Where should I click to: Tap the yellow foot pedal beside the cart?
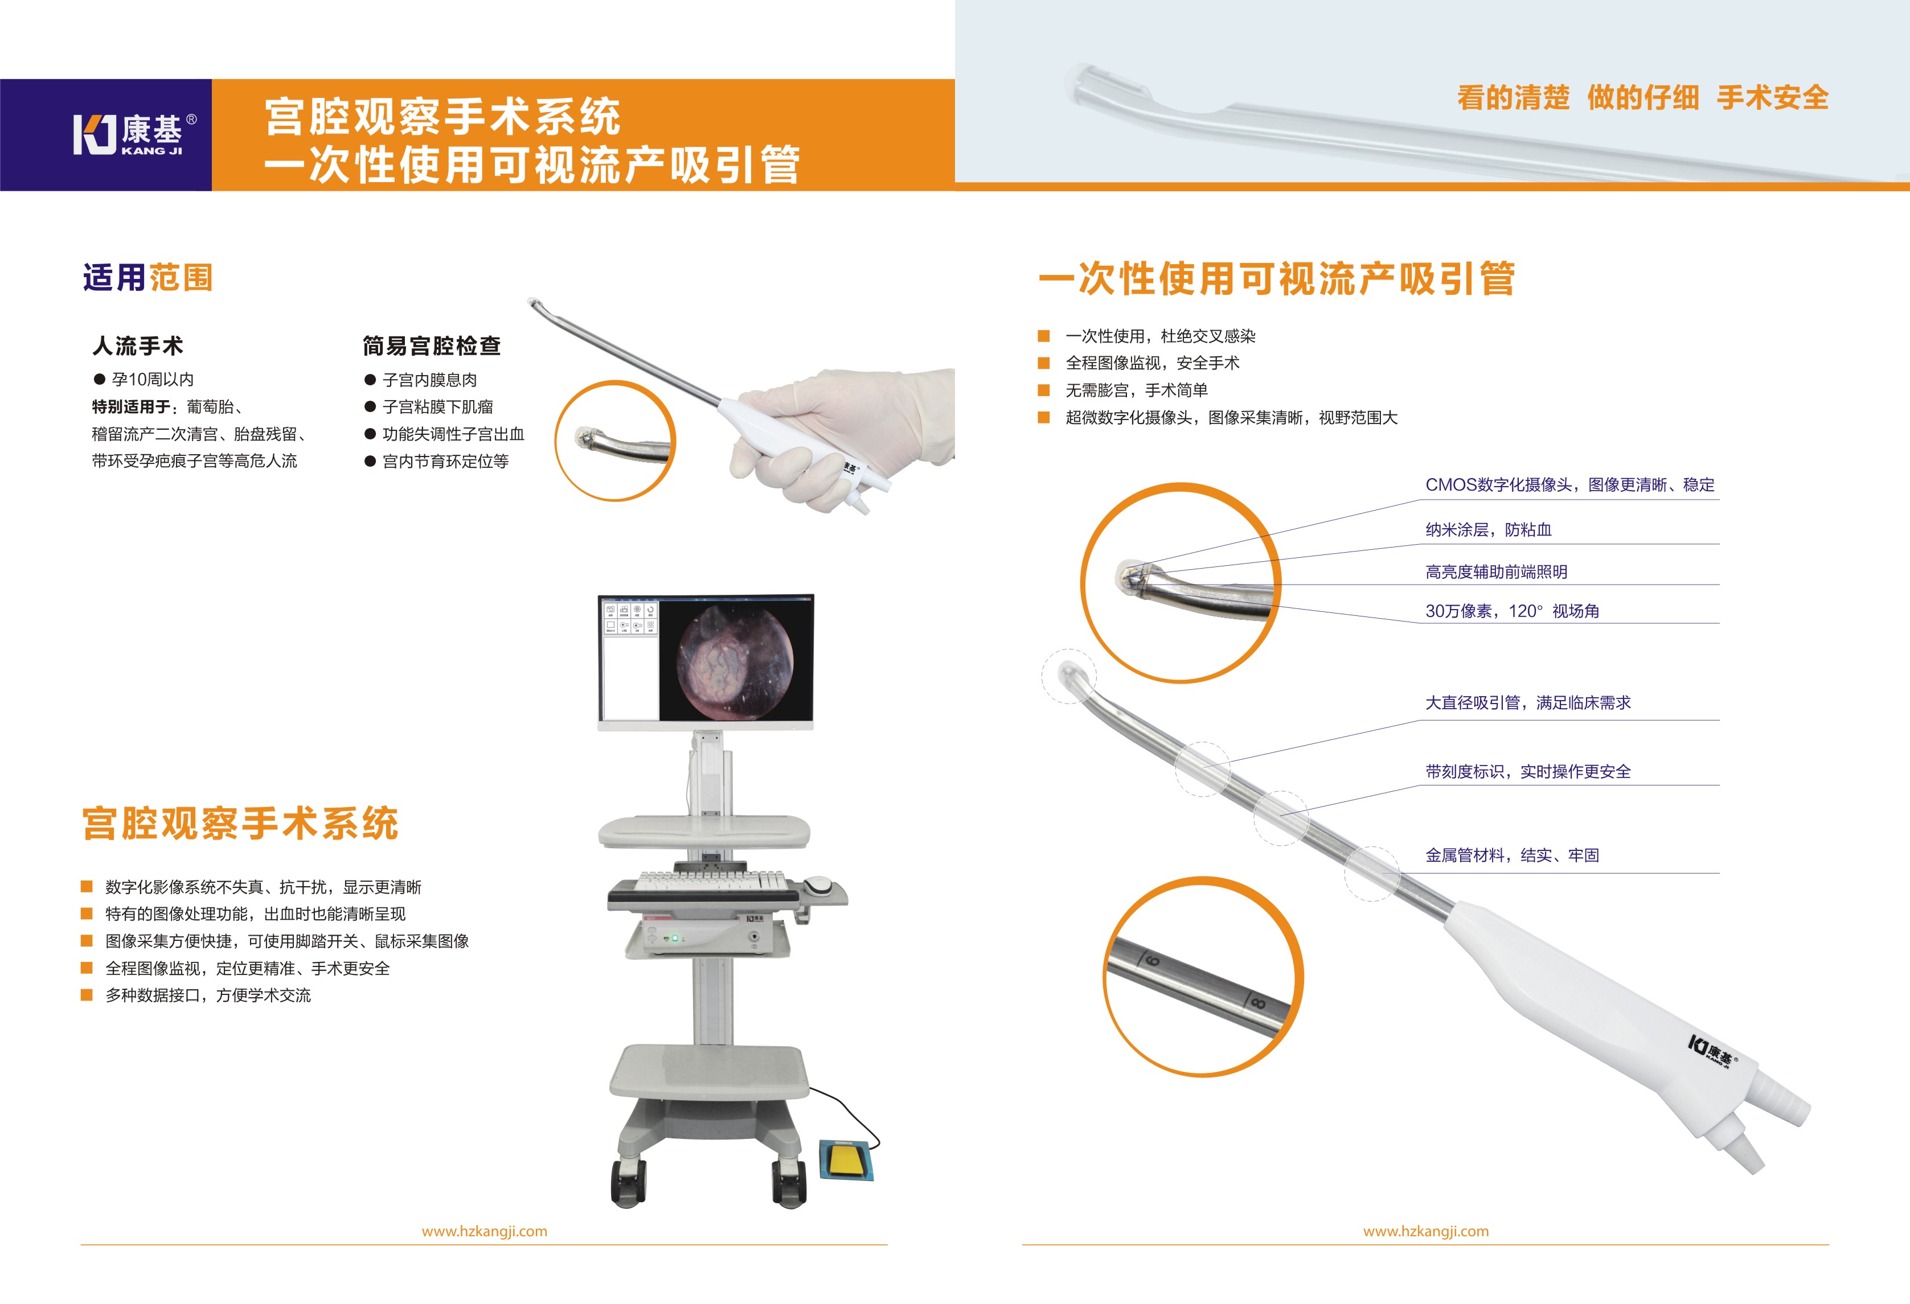pos(846,1159)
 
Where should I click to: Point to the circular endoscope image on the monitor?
pos(735,661)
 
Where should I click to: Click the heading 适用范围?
pos(148,278)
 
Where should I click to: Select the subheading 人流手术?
pos(138,346)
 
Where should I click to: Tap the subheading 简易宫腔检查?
pos(432,346)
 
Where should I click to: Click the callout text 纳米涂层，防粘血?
pos(1489,530)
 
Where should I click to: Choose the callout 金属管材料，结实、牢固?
pos(1512,855)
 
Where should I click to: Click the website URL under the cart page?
pos(484,1231)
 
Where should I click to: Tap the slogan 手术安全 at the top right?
pos(1773,98)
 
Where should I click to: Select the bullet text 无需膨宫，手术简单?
pos(1137,390)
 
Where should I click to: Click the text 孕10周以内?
pos(153,380)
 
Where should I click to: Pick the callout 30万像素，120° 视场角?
pos(1512,611)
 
